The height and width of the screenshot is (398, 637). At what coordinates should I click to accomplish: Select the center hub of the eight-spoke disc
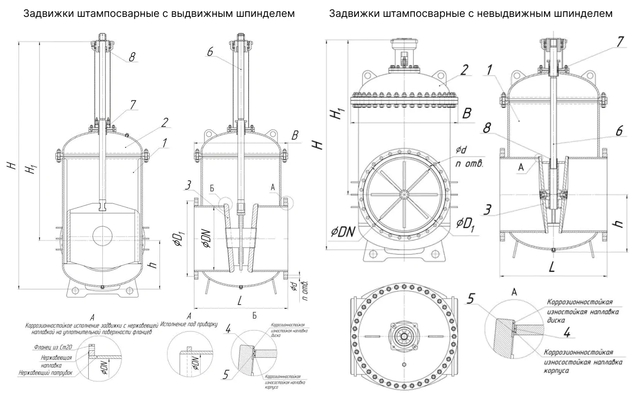pos(404,195)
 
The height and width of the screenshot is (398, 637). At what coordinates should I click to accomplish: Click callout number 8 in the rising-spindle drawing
pos(132,57)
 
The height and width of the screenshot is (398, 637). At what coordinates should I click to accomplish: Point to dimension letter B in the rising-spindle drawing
pos(295,137)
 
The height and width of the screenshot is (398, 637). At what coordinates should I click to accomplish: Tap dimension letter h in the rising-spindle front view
pos(152,265)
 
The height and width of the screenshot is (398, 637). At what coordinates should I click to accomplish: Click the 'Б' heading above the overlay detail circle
pos(254,316)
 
